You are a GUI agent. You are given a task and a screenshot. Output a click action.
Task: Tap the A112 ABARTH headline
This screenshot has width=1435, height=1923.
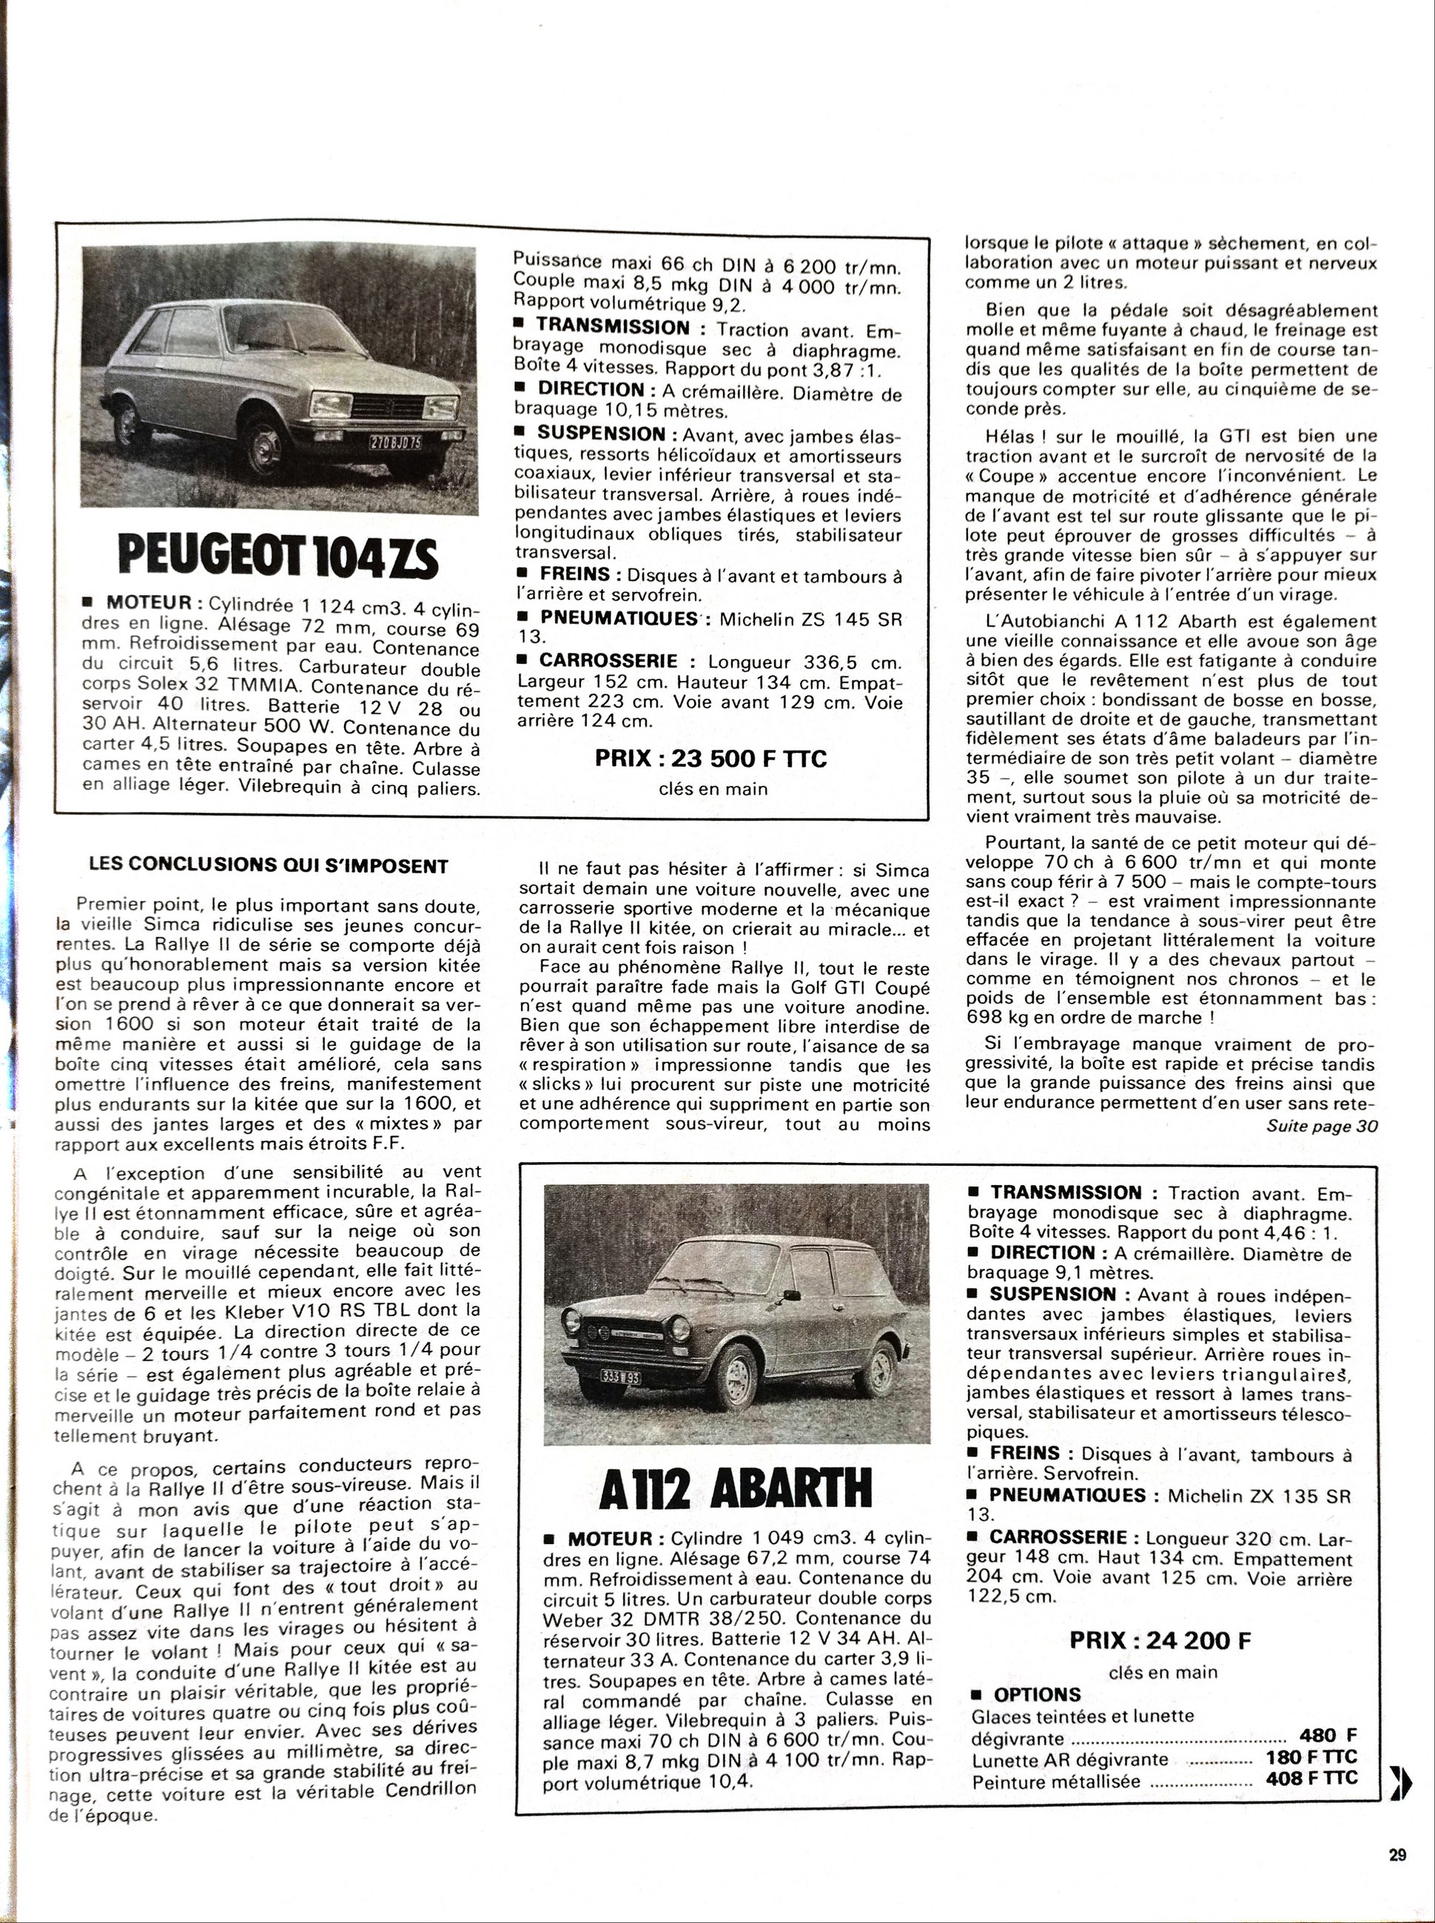(x=735, y=1488)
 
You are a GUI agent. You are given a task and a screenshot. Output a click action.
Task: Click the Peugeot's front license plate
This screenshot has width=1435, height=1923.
(x=395, y=442)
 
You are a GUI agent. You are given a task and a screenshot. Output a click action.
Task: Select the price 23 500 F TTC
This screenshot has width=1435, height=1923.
(x=710, y=758)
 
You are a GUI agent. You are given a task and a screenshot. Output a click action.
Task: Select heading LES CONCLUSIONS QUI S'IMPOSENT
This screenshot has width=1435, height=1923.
(x=269, y=866)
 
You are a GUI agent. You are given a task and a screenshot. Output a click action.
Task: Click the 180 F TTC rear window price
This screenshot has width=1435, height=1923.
(x=1311, y=1757)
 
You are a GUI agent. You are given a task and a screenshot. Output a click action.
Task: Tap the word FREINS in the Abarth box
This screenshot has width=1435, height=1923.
(x=1025, y=1453)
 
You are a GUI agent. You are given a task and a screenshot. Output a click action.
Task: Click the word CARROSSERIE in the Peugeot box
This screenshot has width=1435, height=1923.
(x=606, y=661)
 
